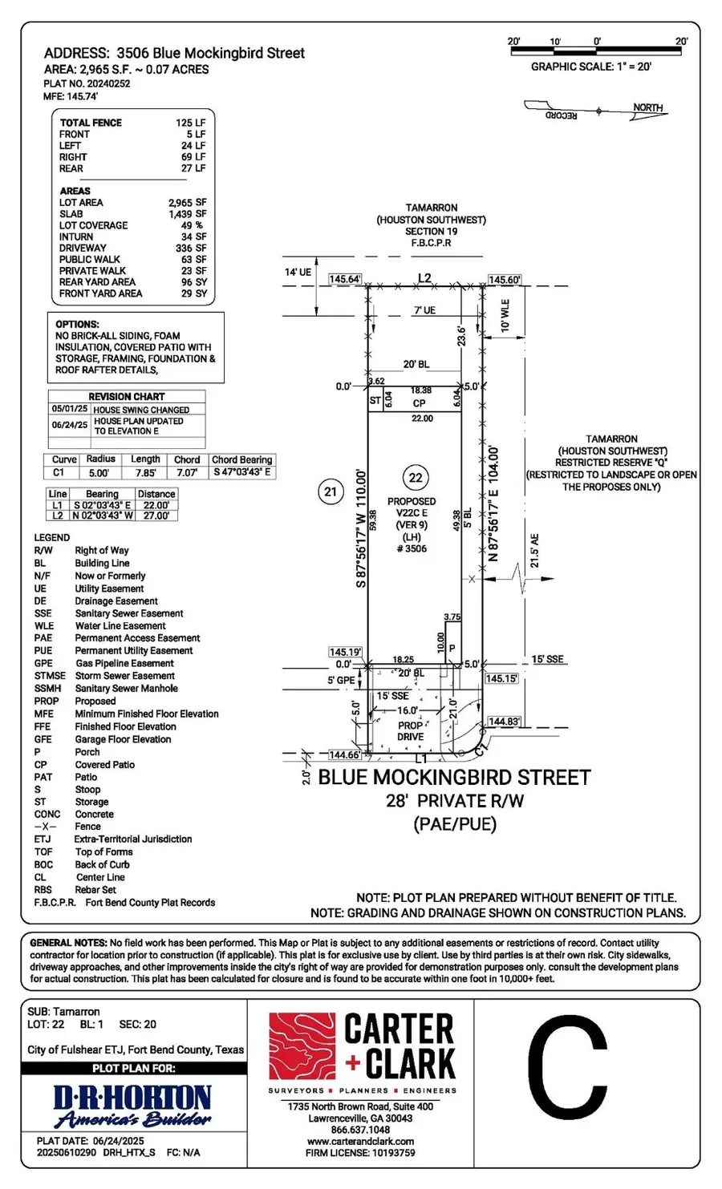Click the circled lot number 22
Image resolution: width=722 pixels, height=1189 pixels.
416,479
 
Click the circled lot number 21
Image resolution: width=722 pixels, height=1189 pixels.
331,491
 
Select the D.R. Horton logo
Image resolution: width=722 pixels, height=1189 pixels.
132,1106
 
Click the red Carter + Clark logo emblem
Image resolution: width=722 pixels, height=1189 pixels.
302,1047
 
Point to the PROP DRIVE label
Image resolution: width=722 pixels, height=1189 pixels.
410,730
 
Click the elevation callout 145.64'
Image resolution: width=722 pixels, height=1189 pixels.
345,279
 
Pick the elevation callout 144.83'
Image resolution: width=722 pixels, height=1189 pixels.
504,722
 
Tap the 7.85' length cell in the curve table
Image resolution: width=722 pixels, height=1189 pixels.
145,473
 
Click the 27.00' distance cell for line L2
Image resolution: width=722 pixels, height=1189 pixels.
156,516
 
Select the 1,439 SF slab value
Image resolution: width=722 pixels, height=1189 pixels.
187,214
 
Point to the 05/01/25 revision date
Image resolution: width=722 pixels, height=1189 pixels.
70,409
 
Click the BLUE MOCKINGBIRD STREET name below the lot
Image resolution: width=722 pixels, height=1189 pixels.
454,777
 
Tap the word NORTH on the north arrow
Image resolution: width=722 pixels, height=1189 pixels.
647,107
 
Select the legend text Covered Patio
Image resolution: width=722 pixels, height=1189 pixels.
105,765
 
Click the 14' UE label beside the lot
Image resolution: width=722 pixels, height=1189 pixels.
298,273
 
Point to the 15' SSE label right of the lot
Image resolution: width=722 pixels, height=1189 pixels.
548,659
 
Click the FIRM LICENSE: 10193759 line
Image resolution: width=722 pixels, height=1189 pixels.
360,1153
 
